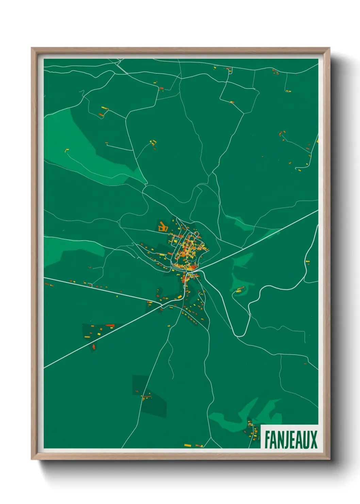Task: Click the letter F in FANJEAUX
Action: click(x=268, y=440)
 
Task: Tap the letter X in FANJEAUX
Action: click(x=313, y=440)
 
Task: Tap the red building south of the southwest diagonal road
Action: click(x=94, y=347)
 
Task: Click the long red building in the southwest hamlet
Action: click(x=110, y=326)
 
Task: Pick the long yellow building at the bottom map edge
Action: click(x=188, y=445)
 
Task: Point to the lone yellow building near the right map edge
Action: click(x=308, y=262)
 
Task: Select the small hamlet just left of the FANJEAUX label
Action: click(x=252, y=430)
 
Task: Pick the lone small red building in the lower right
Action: click(x=305, y=363)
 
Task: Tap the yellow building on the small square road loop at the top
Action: click(x=232, y=102)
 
